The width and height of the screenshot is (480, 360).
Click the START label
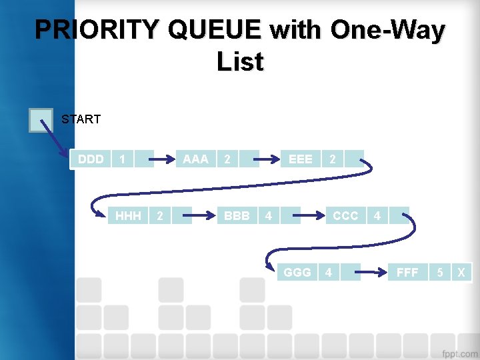click(x=81, y=119)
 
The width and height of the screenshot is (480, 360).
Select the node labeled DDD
click(x=91, y=159)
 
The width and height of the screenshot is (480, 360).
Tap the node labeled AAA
click(x=195, y=159)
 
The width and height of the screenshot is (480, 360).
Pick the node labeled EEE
click(x=300, y=159)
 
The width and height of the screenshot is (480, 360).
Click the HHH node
click(x=128, y=216)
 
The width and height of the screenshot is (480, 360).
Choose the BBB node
click(x=237, y=216)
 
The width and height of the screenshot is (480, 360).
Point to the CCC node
click(x=345, y=216)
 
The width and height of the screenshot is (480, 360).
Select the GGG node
click(x=297, y=273)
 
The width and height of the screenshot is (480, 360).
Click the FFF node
click(x=407, y=273)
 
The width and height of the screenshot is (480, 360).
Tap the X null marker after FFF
click(x=461, y=273)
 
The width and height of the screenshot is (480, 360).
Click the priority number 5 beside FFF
click(x=440, y=273)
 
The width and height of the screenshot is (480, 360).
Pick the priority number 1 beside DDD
click(x=121, y=159)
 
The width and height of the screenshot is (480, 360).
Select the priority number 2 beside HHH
click(x=159, y=216)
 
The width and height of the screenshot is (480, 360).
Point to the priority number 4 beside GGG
click(x=328, y=273)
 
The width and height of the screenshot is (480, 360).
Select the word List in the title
click(x=240, y=62)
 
